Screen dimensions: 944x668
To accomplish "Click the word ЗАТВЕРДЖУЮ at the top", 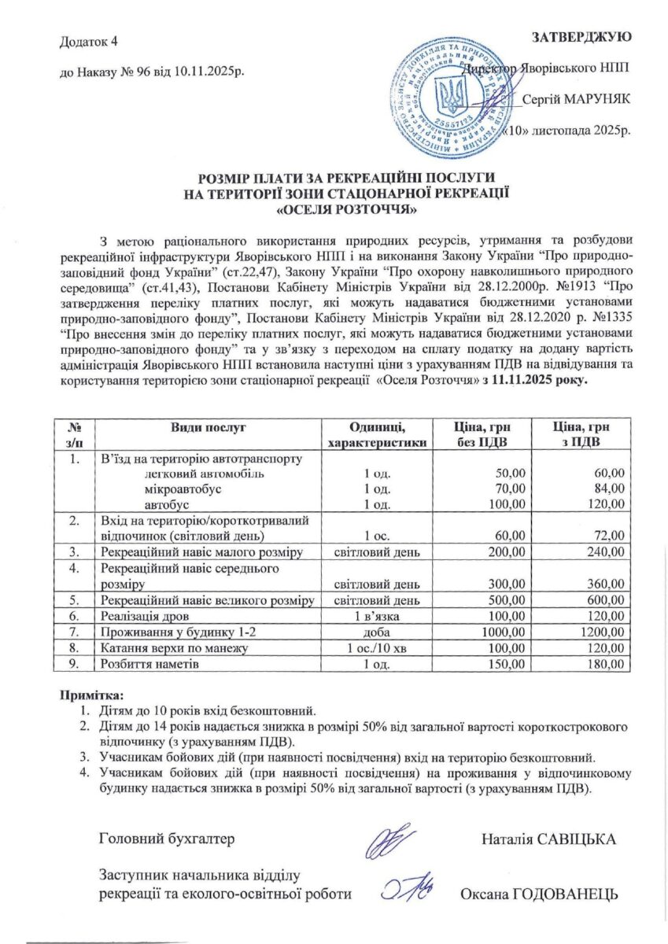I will [x=581, y=37].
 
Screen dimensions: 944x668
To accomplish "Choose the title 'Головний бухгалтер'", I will [x=167, y=839].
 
